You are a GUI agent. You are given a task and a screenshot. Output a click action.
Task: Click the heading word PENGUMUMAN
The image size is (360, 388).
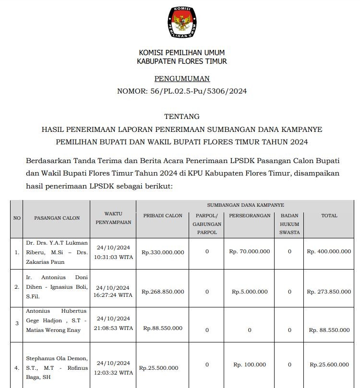(x=182, y=79)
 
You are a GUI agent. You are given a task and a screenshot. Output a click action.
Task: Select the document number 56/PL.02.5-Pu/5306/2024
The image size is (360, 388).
(x=182, y=91)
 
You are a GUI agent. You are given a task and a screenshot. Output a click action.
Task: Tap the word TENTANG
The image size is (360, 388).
(x=182, y=117)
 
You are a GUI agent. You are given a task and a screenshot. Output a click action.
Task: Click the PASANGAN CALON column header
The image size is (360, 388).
(x=57, y=218)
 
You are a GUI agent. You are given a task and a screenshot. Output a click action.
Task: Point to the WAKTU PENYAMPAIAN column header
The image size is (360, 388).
(x=113, y=218)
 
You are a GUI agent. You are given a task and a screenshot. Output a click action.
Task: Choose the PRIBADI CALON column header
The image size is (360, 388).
(x=163, y=216)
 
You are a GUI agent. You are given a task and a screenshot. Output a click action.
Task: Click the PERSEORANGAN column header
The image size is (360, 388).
(x=250, y=216)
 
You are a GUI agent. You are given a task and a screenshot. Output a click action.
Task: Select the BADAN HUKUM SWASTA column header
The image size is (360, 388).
(x=289, y=224)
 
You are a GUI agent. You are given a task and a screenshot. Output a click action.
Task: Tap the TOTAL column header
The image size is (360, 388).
(x=329, y=216)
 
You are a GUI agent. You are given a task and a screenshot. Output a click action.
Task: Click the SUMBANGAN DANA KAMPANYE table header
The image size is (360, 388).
(x=245, y=205)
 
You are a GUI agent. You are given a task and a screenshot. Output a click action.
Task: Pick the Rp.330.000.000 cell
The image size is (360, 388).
(x=163, y=252)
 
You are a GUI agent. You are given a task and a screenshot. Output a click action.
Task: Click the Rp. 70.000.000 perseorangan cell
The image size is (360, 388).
(x=250, y=251)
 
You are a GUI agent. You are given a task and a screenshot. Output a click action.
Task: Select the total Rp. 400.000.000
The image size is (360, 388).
(x=329, y=251)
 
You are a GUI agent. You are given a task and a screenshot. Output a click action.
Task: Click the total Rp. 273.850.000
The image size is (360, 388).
(x=329, y=292)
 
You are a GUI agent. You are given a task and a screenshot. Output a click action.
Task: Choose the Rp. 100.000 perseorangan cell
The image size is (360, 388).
(x=250, y=365)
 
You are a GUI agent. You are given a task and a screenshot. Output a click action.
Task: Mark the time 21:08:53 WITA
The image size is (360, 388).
(x=113, y=328)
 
